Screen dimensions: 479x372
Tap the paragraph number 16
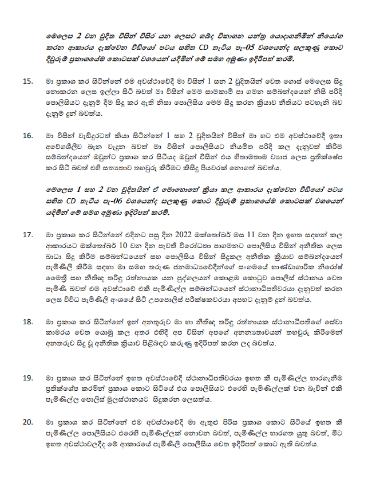click(27, 136)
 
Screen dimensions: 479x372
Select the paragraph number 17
click(27, 234)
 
